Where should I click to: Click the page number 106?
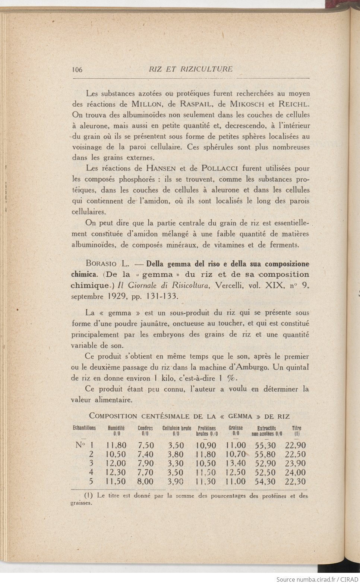tap(77, 69)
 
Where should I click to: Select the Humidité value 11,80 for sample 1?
tap(116, 445)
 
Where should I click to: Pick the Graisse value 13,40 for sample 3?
tap(236, 464)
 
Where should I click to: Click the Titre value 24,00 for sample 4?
tap(295, 472)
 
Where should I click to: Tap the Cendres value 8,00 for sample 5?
tap(145, 481)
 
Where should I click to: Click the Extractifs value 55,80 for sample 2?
tap(265, 454)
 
